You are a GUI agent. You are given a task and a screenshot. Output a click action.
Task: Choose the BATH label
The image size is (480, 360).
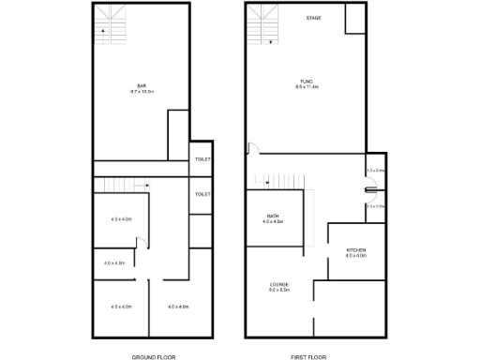tap(273, 217)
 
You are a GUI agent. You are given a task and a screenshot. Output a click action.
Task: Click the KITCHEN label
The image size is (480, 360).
tap(356, 248)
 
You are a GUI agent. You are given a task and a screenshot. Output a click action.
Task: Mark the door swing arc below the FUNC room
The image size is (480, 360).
tap(251, 148)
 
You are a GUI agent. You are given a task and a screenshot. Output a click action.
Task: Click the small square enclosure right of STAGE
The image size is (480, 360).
tap(355, 19)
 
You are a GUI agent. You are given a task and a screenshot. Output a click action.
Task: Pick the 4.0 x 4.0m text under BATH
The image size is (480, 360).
tap(273, 222)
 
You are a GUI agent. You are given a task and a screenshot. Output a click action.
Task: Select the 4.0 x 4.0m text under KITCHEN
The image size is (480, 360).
tap(356, 254)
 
